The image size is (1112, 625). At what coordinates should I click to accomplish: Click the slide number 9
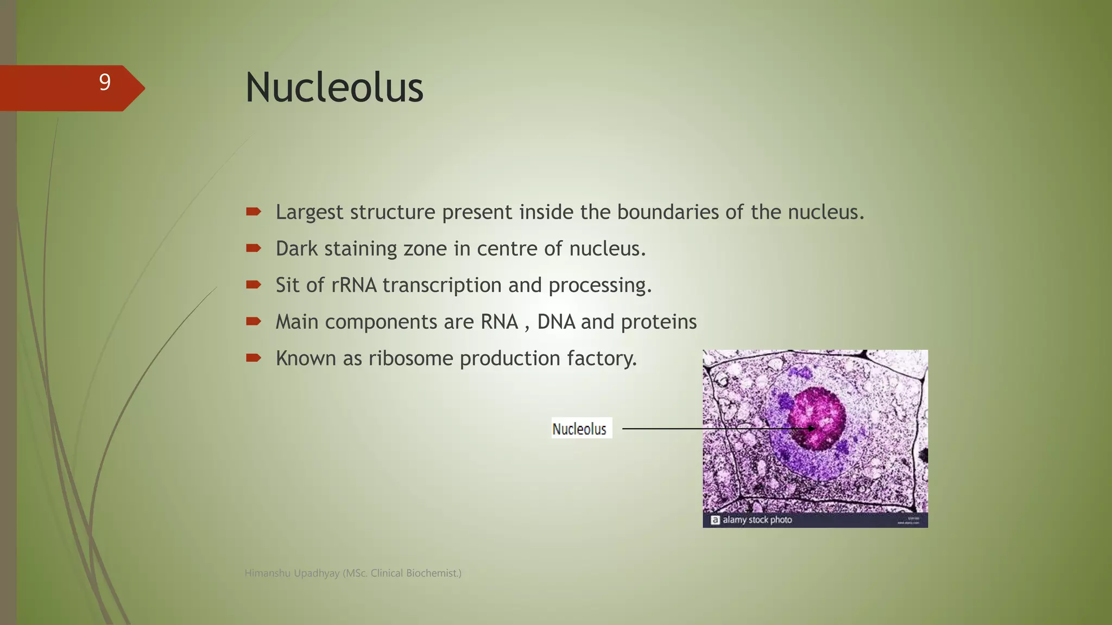click(105, 82)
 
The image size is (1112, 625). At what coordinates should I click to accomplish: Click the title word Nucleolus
click(334, 88)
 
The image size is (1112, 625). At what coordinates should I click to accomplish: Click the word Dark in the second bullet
click(296, 248)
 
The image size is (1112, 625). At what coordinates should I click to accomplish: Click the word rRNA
click(353, 285)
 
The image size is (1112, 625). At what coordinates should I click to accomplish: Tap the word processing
click(599, 285)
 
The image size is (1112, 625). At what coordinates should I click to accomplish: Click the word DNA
click(556, 322)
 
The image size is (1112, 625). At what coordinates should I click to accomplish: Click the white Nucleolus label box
click(581, 428)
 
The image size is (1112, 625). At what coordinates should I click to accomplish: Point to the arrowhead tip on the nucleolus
click(814, 429)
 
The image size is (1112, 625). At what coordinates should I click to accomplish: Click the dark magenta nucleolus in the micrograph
click(817, 418)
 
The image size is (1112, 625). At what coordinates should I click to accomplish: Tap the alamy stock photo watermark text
click(757, 520)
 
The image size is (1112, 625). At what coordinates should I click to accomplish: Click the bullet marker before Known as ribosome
click(253, 358)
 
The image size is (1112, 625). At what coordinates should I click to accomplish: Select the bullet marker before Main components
click(253, 321)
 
